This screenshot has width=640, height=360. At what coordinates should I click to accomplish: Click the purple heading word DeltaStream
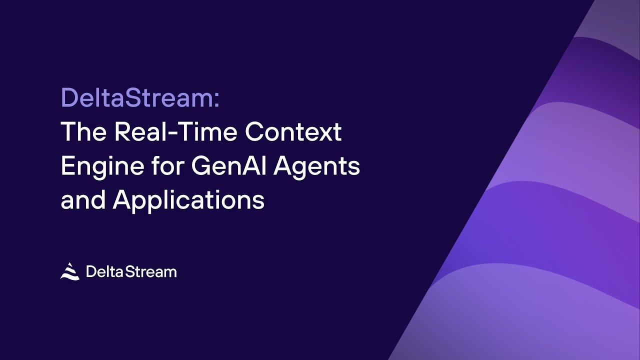click(x=136, y=98)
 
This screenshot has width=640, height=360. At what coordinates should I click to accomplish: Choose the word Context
click(x=294, y=132)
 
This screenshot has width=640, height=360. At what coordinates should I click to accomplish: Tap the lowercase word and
click(x=83, y=200)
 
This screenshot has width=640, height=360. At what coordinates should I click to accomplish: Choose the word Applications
click(x=188, y=200)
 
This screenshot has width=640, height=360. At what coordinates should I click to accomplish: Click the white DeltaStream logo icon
click(x=70, y=271)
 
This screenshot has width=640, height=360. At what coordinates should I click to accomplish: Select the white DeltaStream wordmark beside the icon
click(x=131, y=271)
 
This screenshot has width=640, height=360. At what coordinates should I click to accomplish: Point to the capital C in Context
click(x=256, y=132)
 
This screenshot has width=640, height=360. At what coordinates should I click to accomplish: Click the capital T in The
click(x=69, y=132)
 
